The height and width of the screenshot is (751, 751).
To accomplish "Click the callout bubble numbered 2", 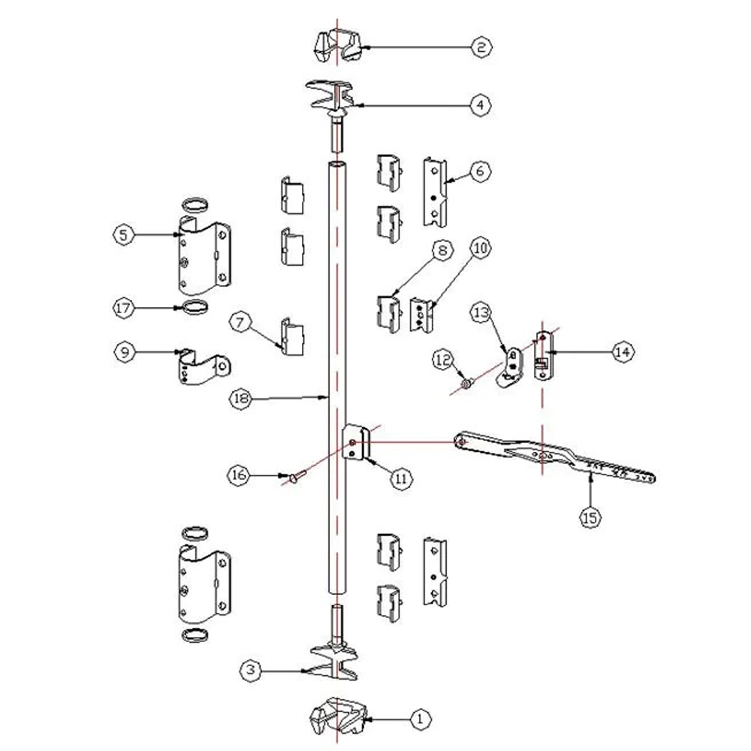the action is (x=481, y=47).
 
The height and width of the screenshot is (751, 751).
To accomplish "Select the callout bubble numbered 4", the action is (x=481, y=104).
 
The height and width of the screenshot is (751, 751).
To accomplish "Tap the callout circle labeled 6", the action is (x=481, y=171).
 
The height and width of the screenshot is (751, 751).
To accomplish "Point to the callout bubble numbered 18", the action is (x=240, y=399).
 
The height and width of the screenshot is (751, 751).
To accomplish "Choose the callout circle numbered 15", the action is (x=590, y=517).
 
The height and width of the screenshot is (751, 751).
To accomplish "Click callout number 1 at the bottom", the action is (x=420, y=719).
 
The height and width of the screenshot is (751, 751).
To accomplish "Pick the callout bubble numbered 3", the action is (x=251, y=670).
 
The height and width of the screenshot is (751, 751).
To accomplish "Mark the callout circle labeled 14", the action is (x=622, y=352).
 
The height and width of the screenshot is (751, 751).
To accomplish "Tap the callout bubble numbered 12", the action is (x=443, y=359).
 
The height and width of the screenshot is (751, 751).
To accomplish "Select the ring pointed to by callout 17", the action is (x=195, y=306).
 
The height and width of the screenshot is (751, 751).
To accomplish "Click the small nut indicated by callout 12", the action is (x=466, y=383).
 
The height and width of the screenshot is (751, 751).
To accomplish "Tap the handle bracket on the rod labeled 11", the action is (x=357, y=442).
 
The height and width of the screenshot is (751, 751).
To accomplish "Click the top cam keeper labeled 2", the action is (x=338, y=47).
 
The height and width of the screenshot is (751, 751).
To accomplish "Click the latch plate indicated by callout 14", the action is (x=544, y=355).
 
